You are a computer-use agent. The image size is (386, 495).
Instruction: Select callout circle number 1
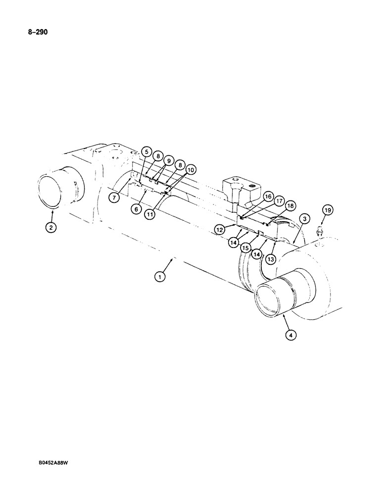point(159,277)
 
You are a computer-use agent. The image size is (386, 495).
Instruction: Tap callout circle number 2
point(51,228)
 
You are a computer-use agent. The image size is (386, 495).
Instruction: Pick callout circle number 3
point(304,218)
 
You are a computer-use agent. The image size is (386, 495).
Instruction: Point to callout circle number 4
point(291,335)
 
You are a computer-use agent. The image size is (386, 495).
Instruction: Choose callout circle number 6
point(135,209)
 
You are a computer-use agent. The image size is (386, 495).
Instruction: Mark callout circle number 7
point(115,197)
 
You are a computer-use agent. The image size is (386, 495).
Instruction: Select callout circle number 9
point(168,161)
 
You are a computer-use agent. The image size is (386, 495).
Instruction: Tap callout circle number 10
point(191,170)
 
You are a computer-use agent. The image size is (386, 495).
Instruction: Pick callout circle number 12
point(220,229)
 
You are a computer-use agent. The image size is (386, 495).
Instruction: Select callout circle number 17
point(279,201)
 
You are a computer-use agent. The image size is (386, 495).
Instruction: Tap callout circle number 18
point(290,205)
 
